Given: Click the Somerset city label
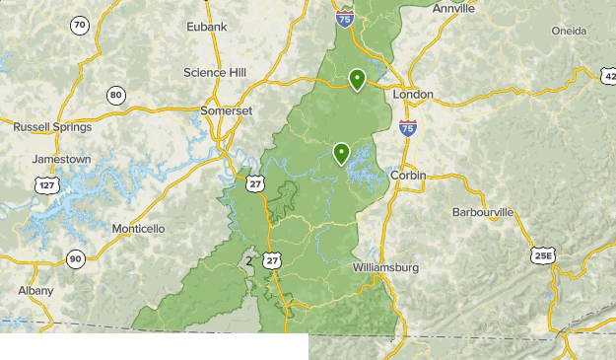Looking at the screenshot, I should (226, 111).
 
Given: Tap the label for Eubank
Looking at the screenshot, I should (207, 26).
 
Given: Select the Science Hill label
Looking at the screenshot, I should (215, 72).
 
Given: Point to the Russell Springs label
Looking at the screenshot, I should (52, 127).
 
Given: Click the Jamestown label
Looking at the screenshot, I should (61, 159).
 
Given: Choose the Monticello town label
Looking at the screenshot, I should (138, 228).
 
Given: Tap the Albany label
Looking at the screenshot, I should (36, 290).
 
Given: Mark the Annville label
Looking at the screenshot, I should (453, 8).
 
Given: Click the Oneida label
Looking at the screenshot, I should (569, 31).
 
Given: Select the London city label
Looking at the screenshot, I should (413, 95).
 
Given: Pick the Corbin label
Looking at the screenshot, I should (408, 175).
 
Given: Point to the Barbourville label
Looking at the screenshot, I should (483, 212).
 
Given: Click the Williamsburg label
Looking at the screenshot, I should (385, 267).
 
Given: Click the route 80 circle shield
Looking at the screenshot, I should (116, 95).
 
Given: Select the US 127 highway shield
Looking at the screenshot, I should (44, 184).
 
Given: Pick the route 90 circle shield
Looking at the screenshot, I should (76, 259).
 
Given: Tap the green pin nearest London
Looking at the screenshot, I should (358, 79).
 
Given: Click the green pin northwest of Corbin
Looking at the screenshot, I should (341, 153).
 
